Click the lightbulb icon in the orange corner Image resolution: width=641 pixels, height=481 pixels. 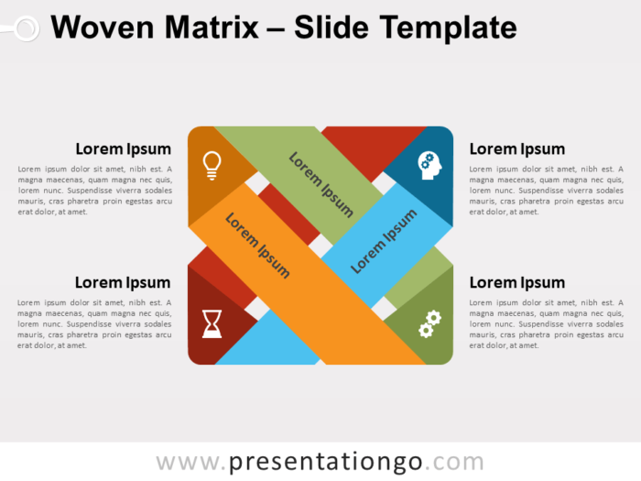[212, 165]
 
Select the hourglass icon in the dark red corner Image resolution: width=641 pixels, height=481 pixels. [212, 323]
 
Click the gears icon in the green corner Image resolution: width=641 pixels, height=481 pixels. [429, 324]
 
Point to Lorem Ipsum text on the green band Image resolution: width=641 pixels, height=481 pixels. [320, 183]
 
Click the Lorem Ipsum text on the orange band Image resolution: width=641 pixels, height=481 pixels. [257, 245]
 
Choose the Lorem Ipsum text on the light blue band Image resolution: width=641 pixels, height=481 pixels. [384, 241]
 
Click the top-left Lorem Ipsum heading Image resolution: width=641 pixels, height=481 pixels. [123, 149]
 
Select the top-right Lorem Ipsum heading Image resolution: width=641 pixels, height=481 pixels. [516, 149]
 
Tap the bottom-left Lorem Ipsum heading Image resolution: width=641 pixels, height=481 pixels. [123, 282]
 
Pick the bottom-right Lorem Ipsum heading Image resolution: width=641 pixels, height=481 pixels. [516, 282]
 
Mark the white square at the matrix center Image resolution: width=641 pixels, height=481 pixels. [320, 246]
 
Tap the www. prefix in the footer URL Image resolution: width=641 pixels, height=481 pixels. [188, 462]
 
